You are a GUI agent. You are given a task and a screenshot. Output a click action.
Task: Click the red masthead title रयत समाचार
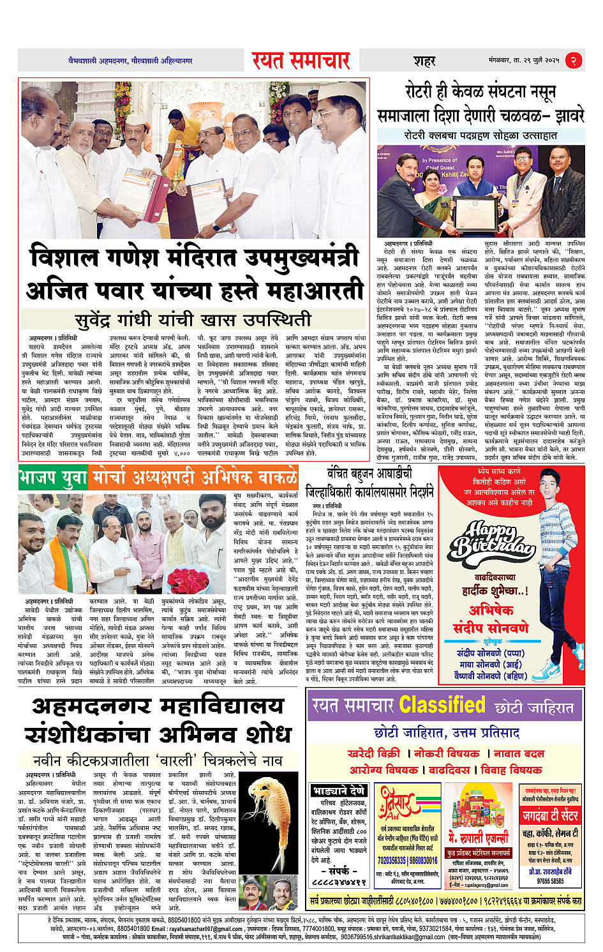[301, 61]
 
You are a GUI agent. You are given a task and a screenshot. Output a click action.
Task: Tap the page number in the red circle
[574, 61]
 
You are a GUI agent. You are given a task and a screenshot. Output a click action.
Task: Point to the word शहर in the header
[424, 61]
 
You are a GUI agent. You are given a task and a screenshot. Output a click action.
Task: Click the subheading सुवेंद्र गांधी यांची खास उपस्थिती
[193, 319]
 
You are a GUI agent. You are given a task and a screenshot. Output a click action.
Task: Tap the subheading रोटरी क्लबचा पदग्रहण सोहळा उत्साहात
[480, 135]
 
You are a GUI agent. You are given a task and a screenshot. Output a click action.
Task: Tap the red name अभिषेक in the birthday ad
[491, 610]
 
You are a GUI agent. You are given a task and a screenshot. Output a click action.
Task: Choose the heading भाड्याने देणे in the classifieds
[339, 791]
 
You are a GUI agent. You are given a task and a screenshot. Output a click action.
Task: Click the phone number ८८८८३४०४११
[338, 882]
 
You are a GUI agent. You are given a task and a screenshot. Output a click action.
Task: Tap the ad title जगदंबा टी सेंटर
[550, 815]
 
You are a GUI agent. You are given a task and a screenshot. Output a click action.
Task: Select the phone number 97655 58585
[550, 881]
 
